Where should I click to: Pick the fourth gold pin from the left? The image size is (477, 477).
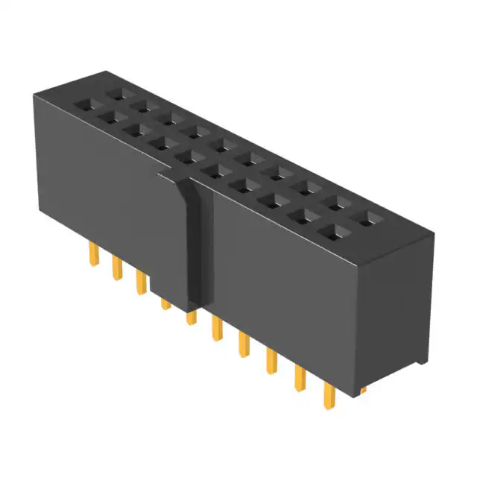coord(165,303)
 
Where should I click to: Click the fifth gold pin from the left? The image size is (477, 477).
coord(191,317)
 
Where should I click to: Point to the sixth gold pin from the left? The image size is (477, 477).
coord(217,328)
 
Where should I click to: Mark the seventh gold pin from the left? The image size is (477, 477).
coord(243,344)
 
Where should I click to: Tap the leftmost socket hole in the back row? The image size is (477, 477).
coord(116,94)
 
